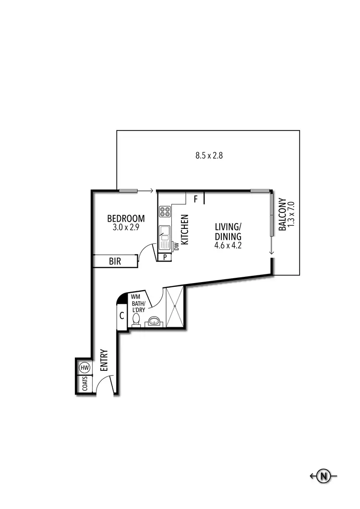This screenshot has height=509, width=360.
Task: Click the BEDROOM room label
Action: tap(126, 219)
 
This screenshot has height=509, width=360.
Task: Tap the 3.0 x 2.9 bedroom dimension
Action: tap(126, 228)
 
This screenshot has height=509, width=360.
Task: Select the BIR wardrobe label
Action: tap(115, 261)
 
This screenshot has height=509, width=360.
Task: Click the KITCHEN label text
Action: tap(185, 229)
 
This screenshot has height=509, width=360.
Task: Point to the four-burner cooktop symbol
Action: tap(165, 213)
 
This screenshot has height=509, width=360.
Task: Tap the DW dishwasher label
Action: tap(176, 247)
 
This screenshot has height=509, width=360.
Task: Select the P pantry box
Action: tap(165, 257)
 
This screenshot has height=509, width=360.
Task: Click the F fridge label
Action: tap(195, 198)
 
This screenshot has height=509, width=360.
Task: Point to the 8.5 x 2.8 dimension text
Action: tap(209, 155)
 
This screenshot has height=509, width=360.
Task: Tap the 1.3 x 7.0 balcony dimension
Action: tap(290, 214)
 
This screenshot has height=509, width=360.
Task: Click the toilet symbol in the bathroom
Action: tap(136, 319)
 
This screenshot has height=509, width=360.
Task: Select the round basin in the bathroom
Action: tap(154, 320)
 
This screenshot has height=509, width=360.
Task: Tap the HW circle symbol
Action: tap(84, 368)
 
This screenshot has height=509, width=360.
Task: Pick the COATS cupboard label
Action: tap(84, 384)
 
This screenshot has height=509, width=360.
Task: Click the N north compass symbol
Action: tap(324, 476)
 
